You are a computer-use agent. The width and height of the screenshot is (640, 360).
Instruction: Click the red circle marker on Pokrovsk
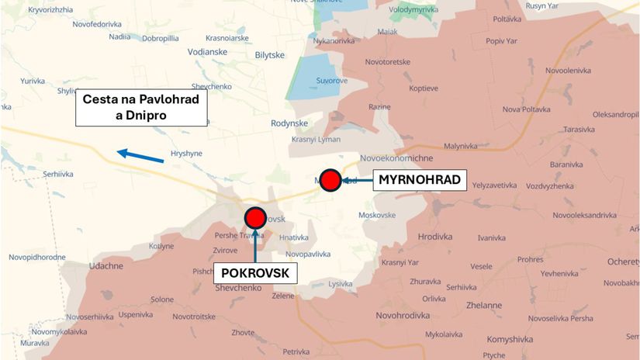pos(254,217)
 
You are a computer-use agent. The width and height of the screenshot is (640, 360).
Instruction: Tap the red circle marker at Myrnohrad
pos(330,180)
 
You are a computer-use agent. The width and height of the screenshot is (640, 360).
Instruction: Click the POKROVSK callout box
pos(255,273)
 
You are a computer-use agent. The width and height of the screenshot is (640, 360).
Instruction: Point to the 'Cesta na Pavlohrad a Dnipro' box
pos(141,108)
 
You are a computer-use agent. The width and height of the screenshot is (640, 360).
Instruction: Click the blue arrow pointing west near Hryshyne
pos(140,155)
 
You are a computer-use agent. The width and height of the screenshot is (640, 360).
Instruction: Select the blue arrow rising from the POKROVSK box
pos(255,244)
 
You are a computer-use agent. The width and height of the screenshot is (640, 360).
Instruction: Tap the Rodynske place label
pos(289,123)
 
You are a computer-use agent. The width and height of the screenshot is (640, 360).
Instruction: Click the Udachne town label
pos(106,265)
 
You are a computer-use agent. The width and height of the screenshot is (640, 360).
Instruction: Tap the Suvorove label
pos(331,80)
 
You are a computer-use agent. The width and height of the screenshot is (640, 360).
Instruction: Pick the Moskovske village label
pos(378,214)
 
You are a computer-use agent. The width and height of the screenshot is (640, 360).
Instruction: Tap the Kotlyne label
pos(161,246)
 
